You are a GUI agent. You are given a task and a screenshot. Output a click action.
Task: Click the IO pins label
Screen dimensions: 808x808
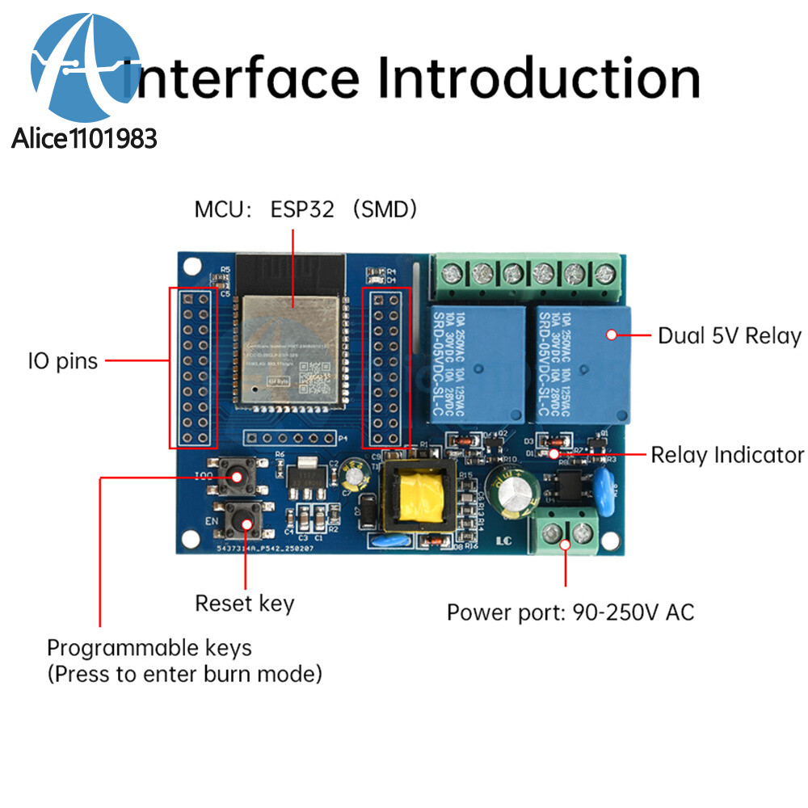[x=63, y=360]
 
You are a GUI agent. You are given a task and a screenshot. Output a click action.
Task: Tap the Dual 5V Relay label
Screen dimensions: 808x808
[x=729, y=335]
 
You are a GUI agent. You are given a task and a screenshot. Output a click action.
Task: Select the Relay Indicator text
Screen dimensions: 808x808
[x=727, y=455]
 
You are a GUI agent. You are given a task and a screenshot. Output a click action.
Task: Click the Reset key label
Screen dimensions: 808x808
[x=245, y=603]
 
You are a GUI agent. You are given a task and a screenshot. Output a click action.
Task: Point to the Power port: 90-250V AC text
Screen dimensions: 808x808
[x=570, y=612]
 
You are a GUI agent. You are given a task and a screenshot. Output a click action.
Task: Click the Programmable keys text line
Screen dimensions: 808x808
[x=149, y=647]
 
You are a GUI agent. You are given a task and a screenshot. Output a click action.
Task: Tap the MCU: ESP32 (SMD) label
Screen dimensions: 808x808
[x=305, y=210]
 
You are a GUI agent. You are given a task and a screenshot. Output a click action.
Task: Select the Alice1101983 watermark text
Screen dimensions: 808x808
[x=84, y=139]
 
